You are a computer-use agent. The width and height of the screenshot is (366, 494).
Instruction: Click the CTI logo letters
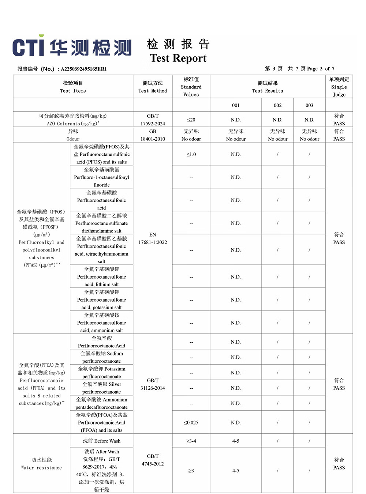pyautogui.click(x=28, y=47)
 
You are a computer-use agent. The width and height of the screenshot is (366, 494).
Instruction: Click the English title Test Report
pyautogui.click(x=178, y=58)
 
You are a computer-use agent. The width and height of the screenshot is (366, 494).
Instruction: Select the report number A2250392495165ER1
pyautogui.click(x=84, y=69)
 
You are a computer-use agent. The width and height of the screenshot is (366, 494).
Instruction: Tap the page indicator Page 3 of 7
pyautogui.click(x=321, y=68)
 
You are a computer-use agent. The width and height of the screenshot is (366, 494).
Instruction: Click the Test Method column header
pyautogui.click(x=153, y=87)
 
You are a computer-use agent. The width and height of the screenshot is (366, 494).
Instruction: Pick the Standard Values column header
pyautogui.click(x=191, y=87)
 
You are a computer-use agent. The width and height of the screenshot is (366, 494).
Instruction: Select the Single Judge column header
pyautogui.click(x=339, y=87)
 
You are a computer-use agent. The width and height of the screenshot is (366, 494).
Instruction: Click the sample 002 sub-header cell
pyautogui.click(x=277, y=105)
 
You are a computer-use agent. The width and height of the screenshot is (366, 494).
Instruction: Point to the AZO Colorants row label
pyautogui.click(x=73, y=120)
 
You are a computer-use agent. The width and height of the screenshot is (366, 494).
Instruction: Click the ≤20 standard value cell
pyautogui.click(x=191, y=120)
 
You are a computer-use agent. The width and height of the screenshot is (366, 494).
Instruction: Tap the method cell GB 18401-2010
pyautogui.click(x=153, y=135)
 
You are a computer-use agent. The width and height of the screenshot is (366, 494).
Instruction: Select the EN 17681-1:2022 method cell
pyautogui.click(x=153, y=238)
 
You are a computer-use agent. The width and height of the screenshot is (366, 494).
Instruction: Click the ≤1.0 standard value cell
pyautogui.click(x=191, y=154)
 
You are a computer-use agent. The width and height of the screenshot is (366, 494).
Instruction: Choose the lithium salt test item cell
pyautogui.click(x=101, y=277)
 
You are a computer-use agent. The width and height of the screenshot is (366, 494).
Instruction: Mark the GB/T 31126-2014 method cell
pyautogui.click(x=153, y=384)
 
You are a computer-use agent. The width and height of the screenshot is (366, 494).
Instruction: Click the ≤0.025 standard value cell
pyautogui.click(x=191, y=423)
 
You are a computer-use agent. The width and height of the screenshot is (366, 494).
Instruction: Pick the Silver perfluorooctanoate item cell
pyautogui.click(x=101, y=388)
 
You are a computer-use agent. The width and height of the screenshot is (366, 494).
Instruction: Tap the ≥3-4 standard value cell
pyautogui.click(x=191, y=441)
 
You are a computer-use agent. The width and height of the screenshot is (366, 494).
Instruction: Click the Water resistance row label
pyautogui.click(x=41, y=464)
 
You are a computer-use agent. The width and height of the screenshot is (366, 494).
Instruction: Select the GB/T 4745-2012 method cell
pyautogui.click(x=153, y=460)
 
